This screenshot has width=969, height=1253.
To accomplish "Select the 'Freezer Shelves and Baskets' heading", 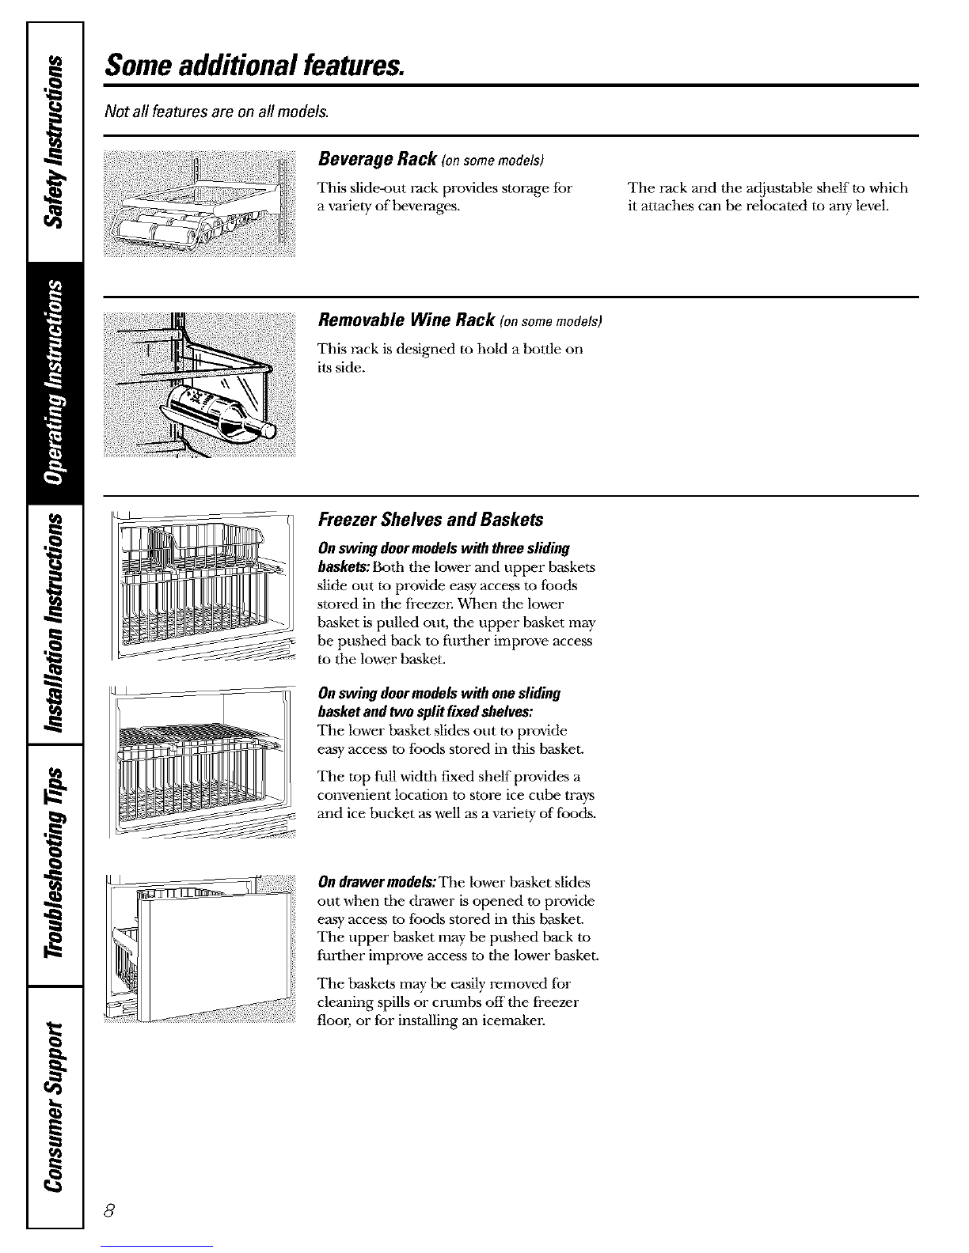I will click(430, 520).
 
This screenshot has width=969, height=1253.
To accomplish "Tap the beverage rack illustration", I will click(199, 204).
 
